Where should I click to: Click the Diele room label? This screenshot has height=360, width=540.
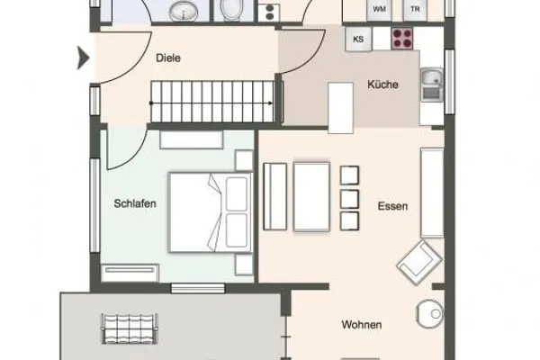coord(168,58)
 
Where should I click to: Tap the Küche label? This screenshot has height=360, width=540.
coord(382,85)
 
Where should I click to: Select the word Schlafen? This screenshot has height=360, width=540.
coord(136,204)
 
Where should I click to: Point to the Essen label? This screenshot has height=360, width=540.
coord(393,206)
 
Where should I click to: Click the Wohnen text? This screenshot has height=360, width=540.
coord(362,325)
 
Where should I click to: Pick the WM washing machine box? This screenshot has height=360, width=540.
coord(380,9)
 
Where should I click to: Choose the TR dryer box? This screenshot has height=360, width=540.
coord(415,9)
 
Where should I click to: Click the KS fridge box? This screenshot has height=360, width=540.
coord(358,39)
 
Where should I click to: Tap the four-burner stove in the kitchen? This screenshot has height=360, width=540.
coord(401,39)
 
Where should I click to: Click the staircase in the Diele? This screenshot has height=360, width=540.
coord(211,99)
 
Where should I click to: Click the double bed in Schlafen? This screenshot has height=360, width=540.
coord(211,212)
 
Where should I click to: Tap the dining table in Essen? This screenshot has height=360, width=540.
coord(311,196)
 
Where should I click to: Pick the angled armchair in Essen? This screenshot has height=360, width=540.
coord(419,261)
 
